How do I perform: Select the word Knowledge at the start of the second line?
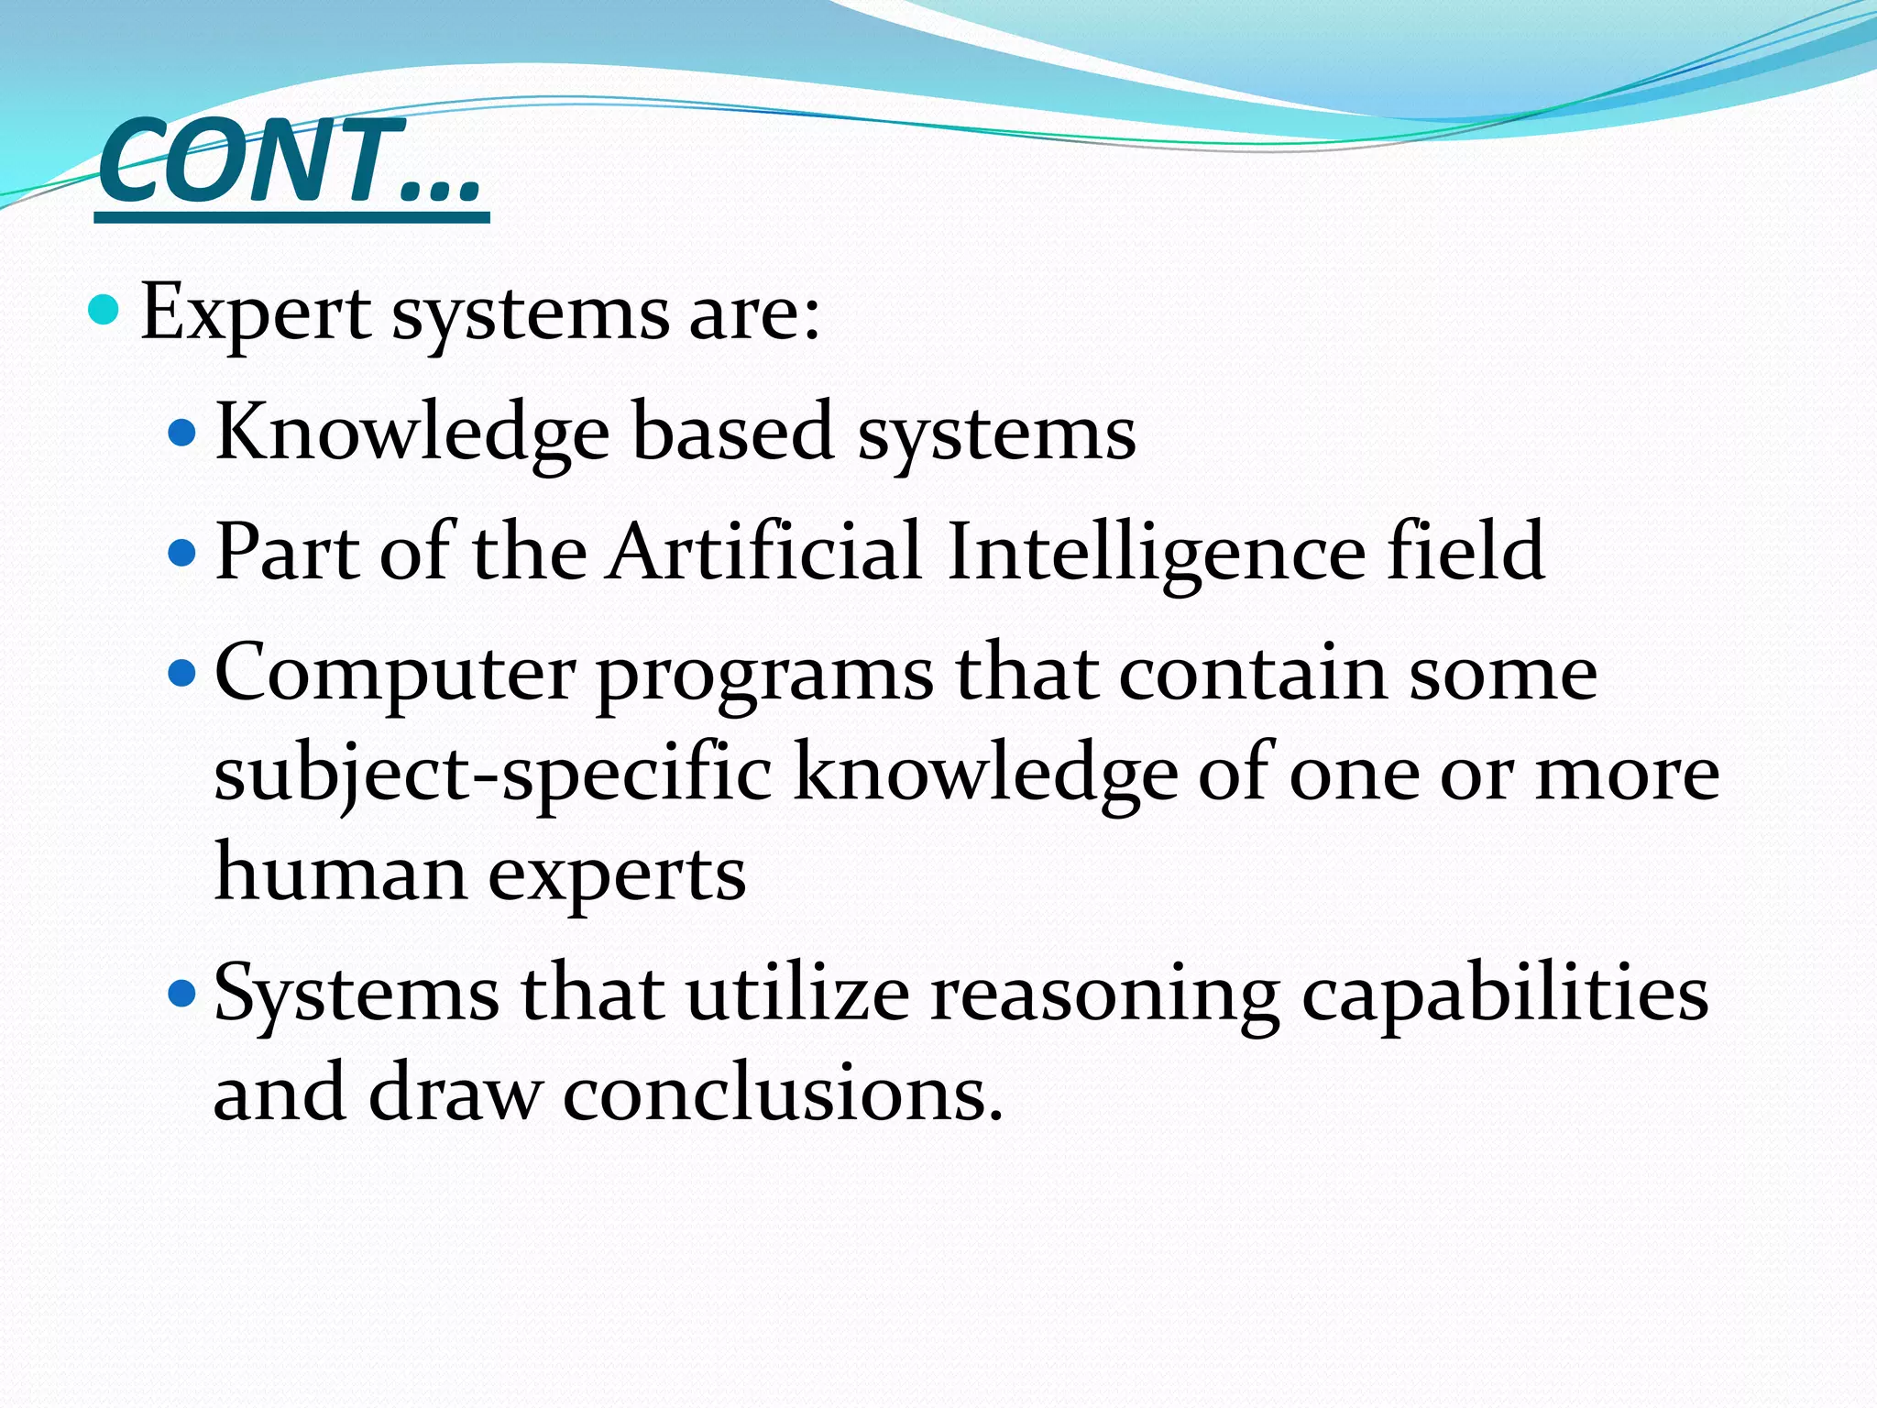click(x=412, y=433)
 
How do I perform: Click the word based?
click(x=732, y=433)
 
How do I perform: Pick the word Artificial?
click(x=764, y=552)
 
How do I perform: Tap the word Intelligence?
click(x=1156, y=552)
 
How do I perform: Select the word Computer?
click(x=395, y=675)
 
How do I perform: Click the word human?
click(x=340, y=874)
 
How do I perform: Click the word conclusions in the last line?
click(x=782, y=1094)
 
